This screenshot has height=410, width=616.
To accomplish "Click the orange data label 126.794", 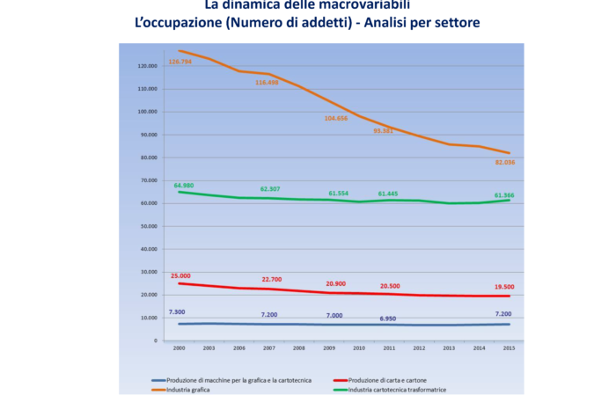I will click(x=180, y=62).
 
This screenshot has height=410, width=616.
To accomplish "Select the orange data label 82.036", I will click(x=504, y=163).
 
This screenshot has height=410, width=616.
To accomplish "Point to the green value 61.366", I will click(x=504, y=194).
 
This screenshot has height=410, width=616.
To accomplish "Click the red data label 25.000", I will click(x=180, y=276).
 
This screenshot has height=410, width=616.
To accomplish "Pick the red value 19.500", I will click(x=504, y=287).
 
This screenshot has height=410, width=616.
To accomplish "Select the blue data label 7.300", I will click(x=180, y=312).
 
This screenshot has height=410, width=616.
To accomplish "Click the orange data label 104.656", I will click(x=336, y=118).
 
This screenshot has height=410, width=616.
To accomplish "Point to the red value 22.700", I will click(x=270, y=280).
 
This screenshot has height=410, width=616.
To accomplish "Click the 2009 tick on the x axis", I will click(x=328, y=348).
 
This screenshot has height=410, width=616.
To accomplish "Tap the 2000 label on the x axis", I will click(x=180, y=348).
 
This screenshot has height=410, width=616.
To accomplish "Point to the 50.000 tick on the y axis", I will click(x=147, y=226).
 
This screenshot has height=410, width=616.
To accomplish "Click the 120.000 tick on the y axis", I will click(x=146, y=66).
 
